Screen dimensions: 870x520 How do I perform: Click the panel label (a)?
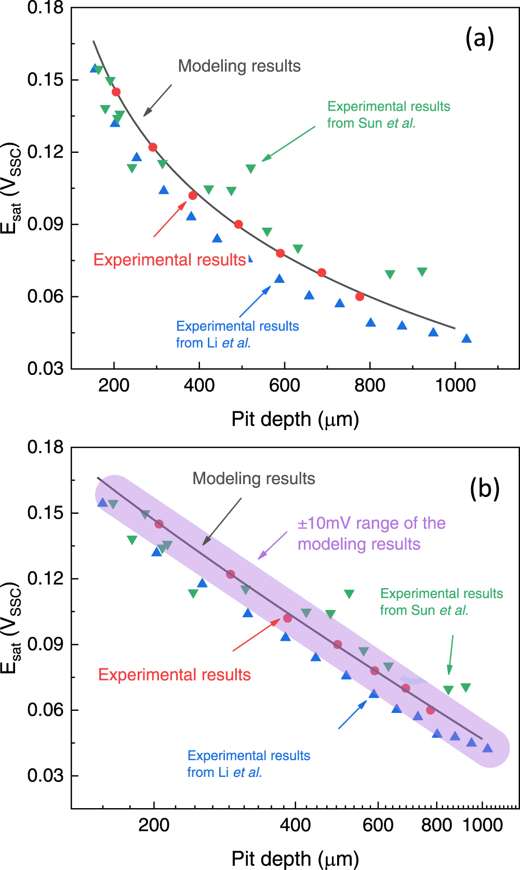[x=479, y=38]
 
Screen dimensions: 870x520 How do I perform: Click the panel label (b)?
[x=484, y=488]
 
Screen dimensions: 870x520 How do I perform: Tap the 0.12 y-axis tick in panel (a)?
[x=45, y=152]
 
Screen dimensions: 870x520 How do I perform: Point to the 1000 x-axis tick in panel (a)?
[x=455, y=385]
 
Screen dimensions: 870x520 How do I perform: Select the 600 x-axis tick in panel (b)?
[x=378, y=825]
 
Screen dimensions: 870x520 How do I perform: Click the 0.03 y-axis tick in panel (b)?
[x=45, y=775]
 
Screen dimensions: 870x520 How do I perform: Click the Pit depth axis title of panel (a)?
[x=295, y=419]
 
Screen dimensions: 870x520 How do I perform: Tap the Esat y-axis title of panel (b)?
[x=10, y=628]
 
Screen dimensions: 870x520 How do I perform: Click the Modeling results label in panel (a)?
[x=239, y=66]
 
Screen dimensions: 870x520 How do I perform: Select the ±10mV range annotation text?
[x=371, y=534]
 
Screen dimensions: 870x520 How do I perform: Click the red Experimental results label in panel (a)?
[x=169, y=259]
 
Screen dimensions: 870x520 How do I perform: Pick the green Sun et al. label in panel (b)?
[x=441, y=602]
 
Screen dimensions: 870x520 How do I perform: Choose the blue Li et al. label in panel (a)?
[x=237, y=334]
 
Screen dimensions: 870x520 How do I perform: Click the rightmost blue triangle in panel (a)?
[x=466, y=339]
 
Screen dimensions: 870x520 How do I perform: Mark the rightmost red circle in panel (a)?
[x=359, y=296]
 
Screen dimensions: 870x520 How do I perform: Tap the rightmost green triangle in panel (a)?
[x=422, y=272]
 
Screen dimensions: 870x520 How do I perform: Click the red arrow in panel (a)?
[x=170, y=219]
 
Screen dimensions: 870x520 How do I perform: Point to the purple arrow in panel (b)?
[x=273, y=545]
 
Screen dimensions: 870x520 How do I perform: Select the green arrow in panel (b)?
[x=451, y=655]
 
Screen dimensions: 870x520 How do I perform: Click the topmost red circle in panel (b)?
[x=159, y=524]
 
